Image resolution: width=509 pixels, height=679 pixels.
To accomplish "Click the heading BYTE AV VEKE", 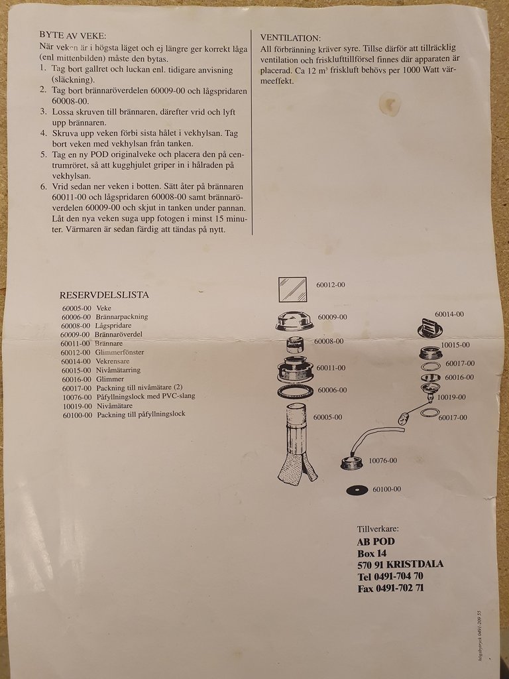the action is pyautogui.click(x=72, y=36).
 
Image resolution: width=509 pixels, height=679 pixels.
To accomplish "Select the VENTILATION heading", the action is pyautogui.click(x=290, y=38).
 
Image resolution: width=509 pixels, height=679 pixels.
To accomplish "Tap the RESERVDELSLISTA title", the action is pyautogui.click(x=104, y=295).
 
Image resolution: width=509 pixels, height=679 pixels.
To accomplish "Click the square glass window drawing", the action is pyautogui.click(x=292, y=290).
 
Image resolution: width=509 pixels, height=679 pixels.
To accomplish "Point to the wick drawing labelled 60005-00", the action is pyautogui.click(x=298, y=444).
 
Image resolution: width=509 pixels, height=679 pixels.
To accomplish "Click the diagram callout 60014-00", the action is pyautogui.click(x=449, y=314).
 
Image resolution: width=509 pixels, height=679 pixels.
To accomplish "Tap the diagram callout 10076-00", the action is pyautogui.click(x=382, y=460).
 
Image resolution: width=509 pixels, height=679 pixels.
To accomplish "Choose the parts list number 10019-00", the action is pyautogui.click(x=78, y=406).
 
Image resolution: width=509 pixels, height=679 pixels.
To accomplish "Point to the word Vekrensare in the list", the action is pyautogui.click(x=113, y=361).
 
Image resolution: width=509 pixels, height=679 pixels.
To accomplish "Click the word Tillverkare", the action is pyautogui.click(x=378, y=528).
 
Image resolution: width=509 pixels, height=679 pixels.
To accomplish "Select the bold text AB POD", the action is pyautogui.click(x=376, y=542).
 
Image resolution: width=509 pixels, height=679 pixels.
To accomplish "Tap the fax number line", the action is pyautogui.click(x=390, y=588).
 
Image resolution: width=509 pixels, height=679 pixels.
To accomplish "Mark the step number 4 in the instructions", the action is pyautogui.click(x=43, y=133).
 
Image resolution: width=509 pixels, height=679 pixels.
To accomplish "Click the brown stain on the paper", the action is pyautogui.click(x=390, y=104).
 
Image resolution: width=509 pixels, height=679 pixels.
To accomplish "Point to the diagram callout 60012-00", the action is pyautogui.click(x=331, y=285).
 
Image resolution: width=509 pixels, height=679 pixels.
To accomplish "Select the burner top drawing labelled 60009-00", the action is pyautogui.click(x=295, y=321).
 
